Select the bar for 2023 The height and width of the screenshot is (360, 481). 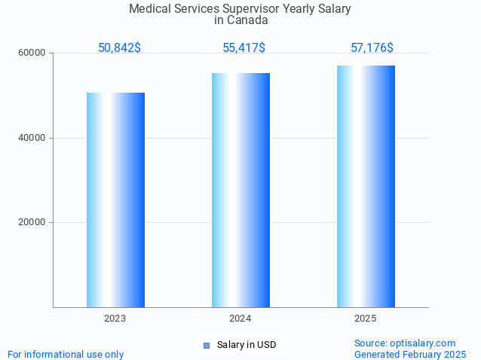pyautogui.click(x=115, y=200)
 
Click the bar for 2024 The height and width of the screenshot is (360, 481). pyautogui.click(x=240, y=190)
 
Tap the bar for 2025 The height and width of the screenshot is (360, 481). pyautogui.click(x=366, y=186)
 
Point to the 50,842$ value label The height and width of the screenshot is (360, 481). pyautogui.click(x=119, y=48)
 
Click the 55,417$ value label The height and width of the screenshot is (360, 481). pyautogui.click(x=244, y=48)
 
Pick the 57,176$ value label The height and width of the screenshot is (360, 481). pyautogui.click(x=372, y=48)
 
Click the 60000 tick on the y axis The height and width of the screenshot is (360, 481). pyautogui.click(x=32, y=53)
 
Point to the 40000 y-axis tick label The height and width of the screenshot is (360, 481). pyautogui.click(x=32, y=138)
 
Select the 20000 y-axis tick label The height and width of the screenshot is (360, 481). pyautogui.click(x=32, y=223)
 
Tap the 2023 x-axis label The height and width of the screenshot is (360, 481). pyautogui.click(x=115, y=319)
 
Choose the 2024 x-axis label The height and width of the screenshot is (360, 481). pyautogui.click(x=240, y=319)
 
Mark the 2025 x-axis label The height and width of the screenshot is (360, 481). pyautogui.click(x=366, y=319)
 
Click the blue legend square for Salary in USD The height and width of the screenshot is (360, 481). pyautogui.click(x=206, y=346)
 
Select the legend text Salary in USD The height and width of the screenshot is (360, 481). pyautogui.click(x=247, y=345)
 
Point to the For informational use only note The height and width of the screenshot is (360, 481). pyautogui.click(x=66, y=354)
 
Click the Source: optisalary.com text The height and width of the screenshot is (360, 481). pyautogui.click(x=405, y=343)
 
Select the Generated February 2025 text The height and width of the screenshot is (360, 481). pyautogui.click(x=410, y=354)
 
